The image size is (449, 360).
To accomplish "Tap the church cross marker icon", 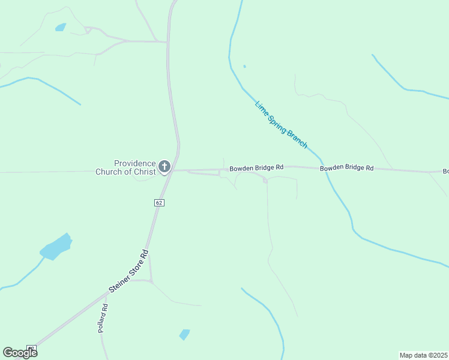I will pos(164,166).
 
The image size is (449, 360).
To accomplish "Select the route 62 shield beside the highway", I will pos(158,203).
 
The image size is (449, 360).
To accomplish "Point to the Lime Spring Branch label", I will pos(282,124).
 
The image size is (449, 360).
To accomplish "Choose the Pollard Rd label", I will pos(103,319).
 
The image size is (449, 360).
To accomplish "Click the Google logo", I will pos(20,352).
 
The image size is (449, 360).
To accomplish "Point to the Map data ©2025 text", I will pos(423,355).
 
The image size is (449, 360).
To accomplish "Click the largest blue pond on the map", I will pos(56,247).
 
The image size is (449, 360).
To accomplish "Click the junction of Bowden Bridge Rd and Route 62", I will pos(170,170).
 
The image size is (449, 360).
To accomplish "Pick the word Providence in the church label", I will pos(135,163).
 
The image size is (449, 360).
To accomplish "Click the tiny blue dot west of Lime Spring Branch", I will pos(244,66).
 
